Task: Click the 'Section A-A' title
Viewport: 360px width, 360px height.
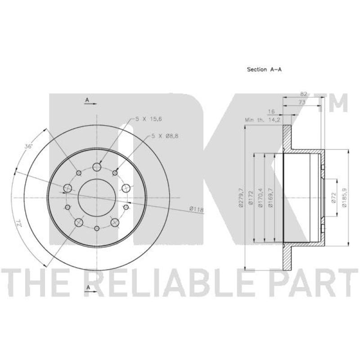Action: tap(264, 69)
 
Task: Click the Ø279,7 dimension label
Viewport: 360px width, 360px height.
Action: tap(241, 198)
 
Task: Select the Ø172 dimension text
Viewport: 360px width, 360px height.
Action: tap(251, 198)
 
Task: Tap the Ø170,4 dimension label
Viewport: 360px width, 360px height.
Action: tap(261, 198)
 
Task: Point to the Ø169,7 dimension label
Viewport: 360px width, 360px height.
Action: tap(271, 198)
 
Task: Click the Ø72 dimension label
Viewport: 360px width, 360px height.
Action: tap(334, 198)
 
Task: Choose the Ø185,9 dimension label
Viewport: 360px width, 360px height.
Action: tap(344, 198)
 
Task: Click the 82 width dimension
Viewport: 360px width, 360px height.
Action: tap(303, 94)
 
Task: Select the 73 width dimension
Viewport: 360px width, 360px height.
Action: tap(302, 103)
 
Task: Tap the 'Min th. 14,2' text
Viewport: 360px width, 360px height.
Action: tap(263, 120)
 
